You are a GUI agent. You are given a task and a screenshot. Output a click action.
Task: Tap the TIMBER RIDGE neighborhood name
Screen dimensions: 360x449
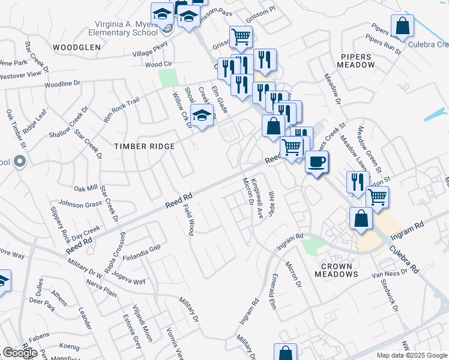tap(145, 146)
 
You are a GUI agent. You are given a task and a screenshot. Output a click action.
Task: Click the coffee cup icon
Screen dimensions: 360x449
tap(316, 161)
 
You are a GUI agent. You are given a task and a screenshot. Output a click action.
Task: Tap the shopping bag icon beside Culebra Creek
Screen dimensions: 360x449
tap(402, 26)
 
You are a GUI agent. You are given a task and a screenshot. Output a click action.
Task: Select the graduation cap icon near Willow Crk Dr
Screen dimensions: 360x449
tap(202, 116)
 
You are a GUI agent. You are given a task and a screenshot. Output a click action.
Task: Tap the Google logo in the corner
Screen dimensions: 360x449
tap(20, 352)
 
